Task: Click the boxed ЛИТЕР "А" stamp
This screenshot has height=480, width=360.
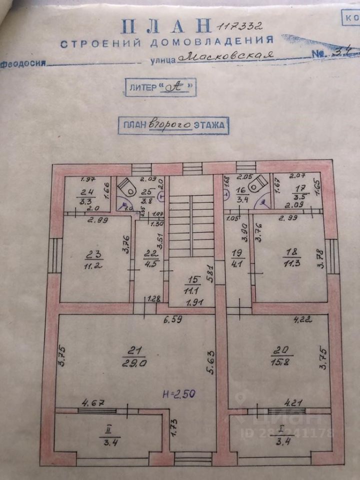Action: [159, 86]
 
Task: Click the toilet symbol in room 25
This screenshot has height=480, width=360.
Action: [127, 186]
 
